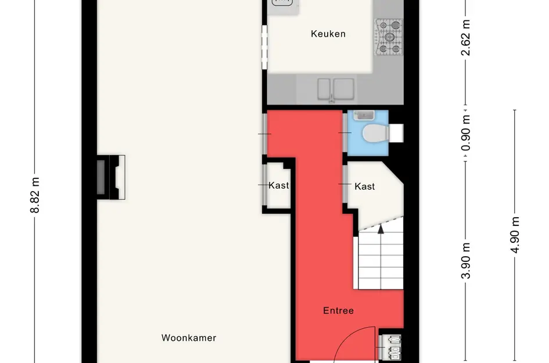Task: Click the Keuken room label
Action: (328, 34)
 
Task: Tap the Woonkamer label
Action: (189, 337)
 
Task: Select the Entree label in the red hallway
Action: (338, 311)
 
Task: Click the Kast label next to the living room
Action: (278, 186)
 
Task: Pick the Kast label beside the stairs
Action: (364, 186)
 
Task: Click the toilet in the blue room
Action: (374, 134)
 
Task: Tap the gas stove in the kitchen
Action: (389, 38)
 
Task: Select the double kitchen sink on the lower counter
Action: (335, 89)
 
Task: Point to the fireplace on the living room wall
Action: (110, 177)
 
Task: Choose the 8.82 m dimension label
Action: (35, 195)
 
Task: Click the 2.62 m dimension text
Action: (465, 38)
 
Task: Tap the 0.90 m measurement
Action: (465, 132)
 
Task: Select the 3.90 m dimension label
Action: (465, 260)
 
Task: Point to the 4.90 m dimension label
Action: (515, 238)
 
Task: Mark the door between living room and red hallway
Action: (265, 134)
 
